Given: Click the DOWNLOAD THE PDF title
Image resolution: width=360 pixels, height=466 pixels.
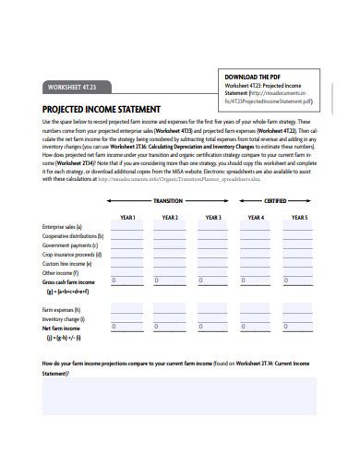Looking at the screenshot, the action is coord(255,76).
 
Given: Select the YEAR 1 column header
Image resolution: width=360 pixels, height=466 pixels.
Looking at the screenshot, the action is coord(127,217).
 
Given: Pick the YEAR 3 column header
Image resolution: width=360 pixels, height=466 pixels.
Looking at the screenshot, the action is coord(213,217).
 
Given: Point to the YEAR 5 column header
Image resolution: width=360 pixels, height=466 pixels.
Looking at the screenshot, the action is coord(299,217).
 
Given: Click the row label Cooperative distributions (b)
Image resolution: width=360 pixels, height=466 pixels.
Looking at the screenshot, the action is coord(73,237).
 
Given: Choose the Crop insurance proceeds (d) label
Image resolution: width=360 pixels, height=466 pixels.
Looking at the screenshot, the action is coord(72,258).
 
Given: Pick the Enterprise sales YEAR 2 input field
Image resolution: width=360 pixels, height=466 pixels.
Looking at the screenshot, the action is coord(170,228).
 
